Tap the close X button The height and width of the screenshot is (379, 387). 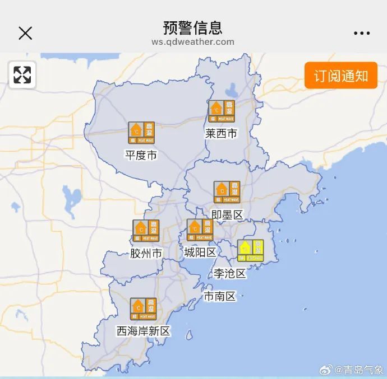click(25, 33)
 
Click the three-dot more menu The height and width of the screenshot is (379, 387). click(362, 33)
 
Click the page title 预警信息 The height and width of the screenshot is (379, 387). click(192, 27)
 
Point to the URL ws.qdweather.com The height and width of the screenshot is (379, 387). click(192, 42)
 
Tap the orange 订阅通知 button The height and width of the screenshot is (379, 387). click(340, 76)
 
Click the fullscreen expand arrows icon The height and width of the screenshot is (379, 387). click(22, 75)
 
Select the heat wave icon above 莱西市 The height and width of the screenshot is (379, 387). click(222, 111)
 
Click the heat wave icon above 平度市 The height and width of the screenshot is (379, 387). click(141, 133)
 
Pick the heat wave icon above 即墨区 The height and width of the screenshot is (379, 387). click(227, 192)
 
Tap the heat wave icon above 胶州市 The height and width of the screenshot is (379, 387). click(146, 231)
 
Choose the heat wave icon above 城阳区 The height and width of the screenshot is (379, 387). click(200, 230)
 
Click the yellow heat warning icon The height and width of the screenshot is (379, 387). click(250, 250)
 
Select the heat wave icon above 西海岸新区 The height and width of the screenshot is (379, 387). click(144, 308)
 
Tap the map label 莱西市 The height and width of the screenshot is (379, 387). click(221, 134)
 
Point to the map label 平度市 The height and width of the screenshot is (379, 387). click(141, 155)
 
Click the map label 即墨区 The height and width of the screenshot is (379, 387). click(227, 215)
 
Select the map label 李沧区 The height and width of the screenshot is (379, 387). click(229, 273)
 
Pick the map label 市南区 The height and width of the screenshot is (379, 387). click(219, 296)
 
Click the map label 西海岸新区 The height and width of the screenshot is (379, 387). click(143, 331)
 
